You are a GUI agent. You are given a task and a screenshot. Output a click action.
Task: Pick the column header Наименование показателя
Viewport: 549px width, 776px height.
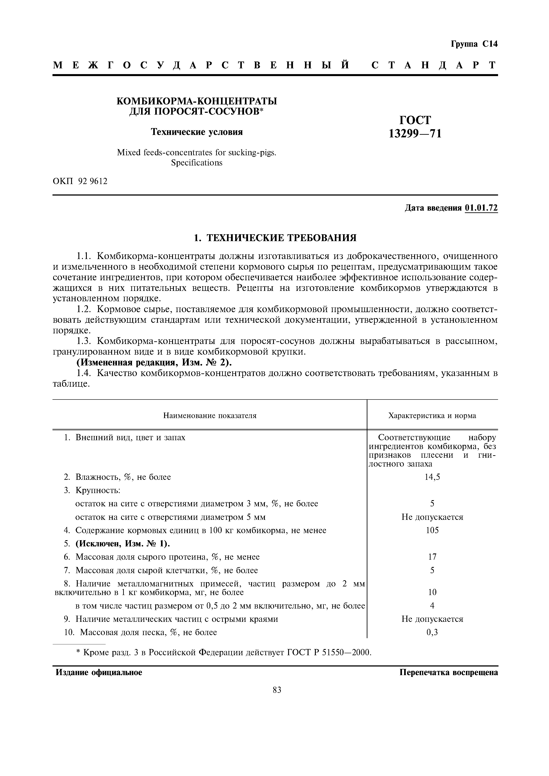coord(210,415)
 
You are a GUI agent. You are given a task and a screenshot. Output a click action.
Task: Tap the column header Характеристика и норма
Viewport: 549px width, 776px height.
coord(432,415)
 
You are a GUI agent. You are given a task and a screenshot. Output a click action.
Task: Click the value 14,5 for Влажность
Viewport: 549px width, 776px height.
coord(432,477)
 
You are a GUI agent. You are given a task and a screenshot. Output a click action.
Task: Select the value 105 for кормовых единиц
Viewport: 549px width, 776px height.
coord(432,530)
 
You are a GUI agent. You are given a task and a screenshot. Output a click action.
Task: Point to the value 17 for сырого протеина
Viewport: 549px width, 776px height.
coord(432,557)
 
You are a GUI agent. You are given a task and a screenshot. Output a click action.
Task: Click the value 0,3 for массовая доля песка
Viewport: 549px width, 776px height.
coord(432,632)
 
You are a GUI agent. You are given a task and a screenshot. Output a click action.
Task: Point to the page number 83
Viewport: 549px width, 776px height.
coord(277,690)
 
